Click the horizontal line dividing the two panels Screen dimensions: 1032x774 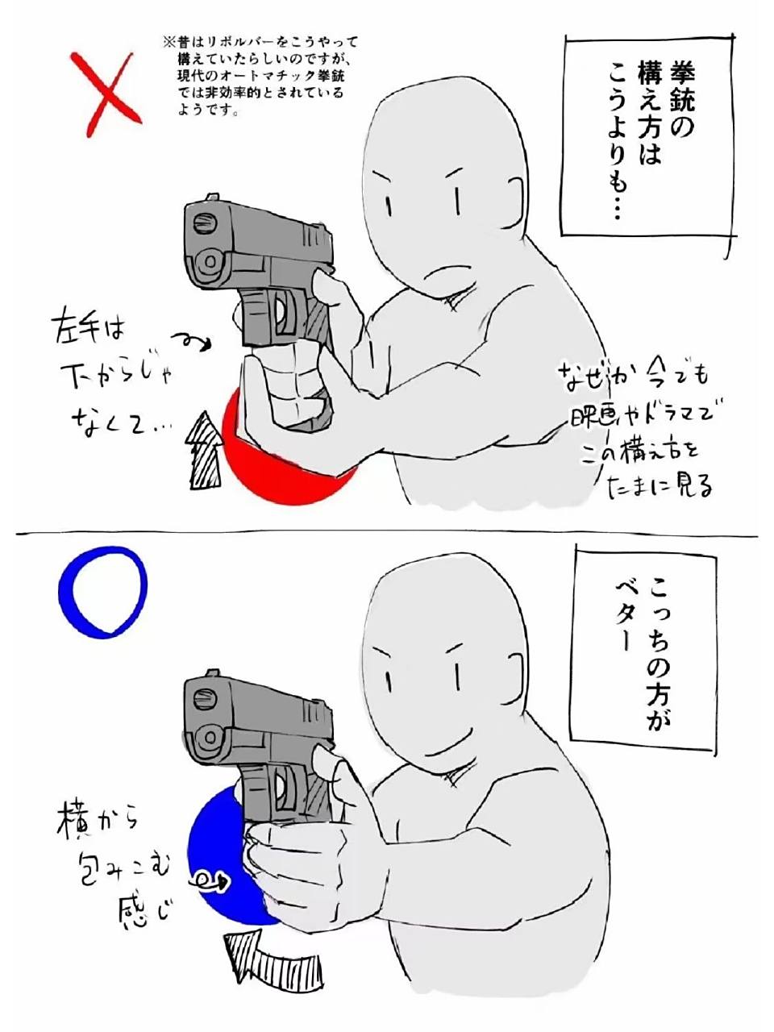[x=387, y=534]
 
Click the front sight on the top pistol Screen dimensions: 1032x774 [x=214, y=196]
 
